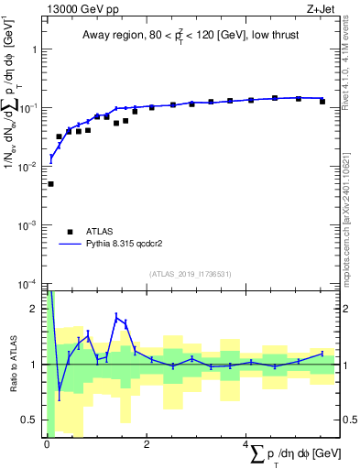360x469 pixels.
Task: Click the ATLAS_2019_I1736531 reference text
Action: tap(191, 274)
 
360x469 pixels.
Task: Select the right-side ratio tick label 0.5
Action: tap(347, 420)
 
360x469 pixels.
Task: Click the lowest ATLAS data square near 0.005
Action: tap(50, 184)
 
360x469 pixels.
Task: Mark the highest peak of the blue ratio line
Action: tap(117, 315)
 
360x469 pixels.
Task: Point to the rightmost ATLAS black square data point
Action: tap(322, 101)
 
